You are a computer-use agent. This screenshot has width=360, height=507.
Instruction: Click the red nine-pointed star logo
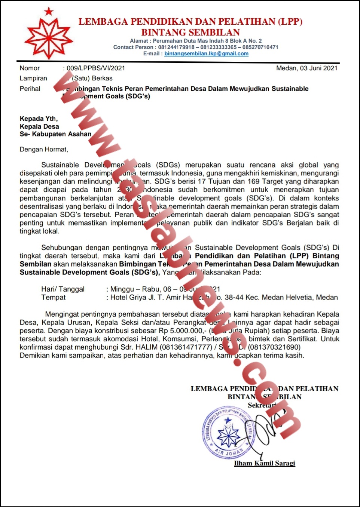pos(49,38)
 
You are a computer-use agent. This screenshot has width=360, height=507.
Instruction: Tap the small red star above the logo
pos(49,12)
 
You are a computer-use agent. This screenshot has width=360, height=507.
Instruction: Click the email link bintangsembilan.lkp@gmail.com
pos(206,53)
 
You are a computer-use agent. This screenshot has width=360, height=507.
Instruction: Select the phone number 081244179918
pos(176,47)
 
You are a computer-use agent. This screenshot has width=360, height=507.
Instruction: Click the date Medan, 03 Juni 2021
pos(306,68)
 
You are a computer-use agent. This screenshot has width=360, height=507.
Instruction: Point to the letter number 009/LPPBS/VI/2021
pos(96,68)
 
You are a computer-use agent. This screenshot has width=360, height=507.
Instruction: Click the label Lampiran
pos(33,78)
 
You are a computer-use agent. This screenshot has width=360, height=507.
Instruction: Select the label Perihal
pos(30,89)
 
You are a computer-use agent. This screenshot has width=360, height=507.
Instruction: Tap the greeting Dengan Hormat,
pos(44,149)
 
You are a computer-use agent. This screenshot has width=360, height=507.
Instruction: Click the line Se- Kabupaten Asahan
pos(55,134)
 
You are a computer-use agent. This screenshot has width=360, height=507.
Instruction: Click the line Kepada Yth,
pos(39,119)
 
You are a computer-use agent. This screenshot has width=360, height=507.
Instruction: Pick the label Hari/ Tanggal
pos(63,289)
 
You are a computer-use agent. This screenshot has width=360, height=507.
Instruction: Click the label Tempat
pos(54,297)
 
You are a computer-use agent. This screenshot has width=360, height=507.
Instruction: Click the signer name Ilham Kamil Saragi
pos(265,463)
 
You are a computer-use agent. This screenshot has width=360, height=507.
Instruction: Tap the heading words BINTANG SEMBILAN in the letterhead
pos(190,32)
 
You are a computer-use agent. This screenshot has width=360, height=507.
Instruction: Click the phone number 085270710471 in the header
pos(260,47)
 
